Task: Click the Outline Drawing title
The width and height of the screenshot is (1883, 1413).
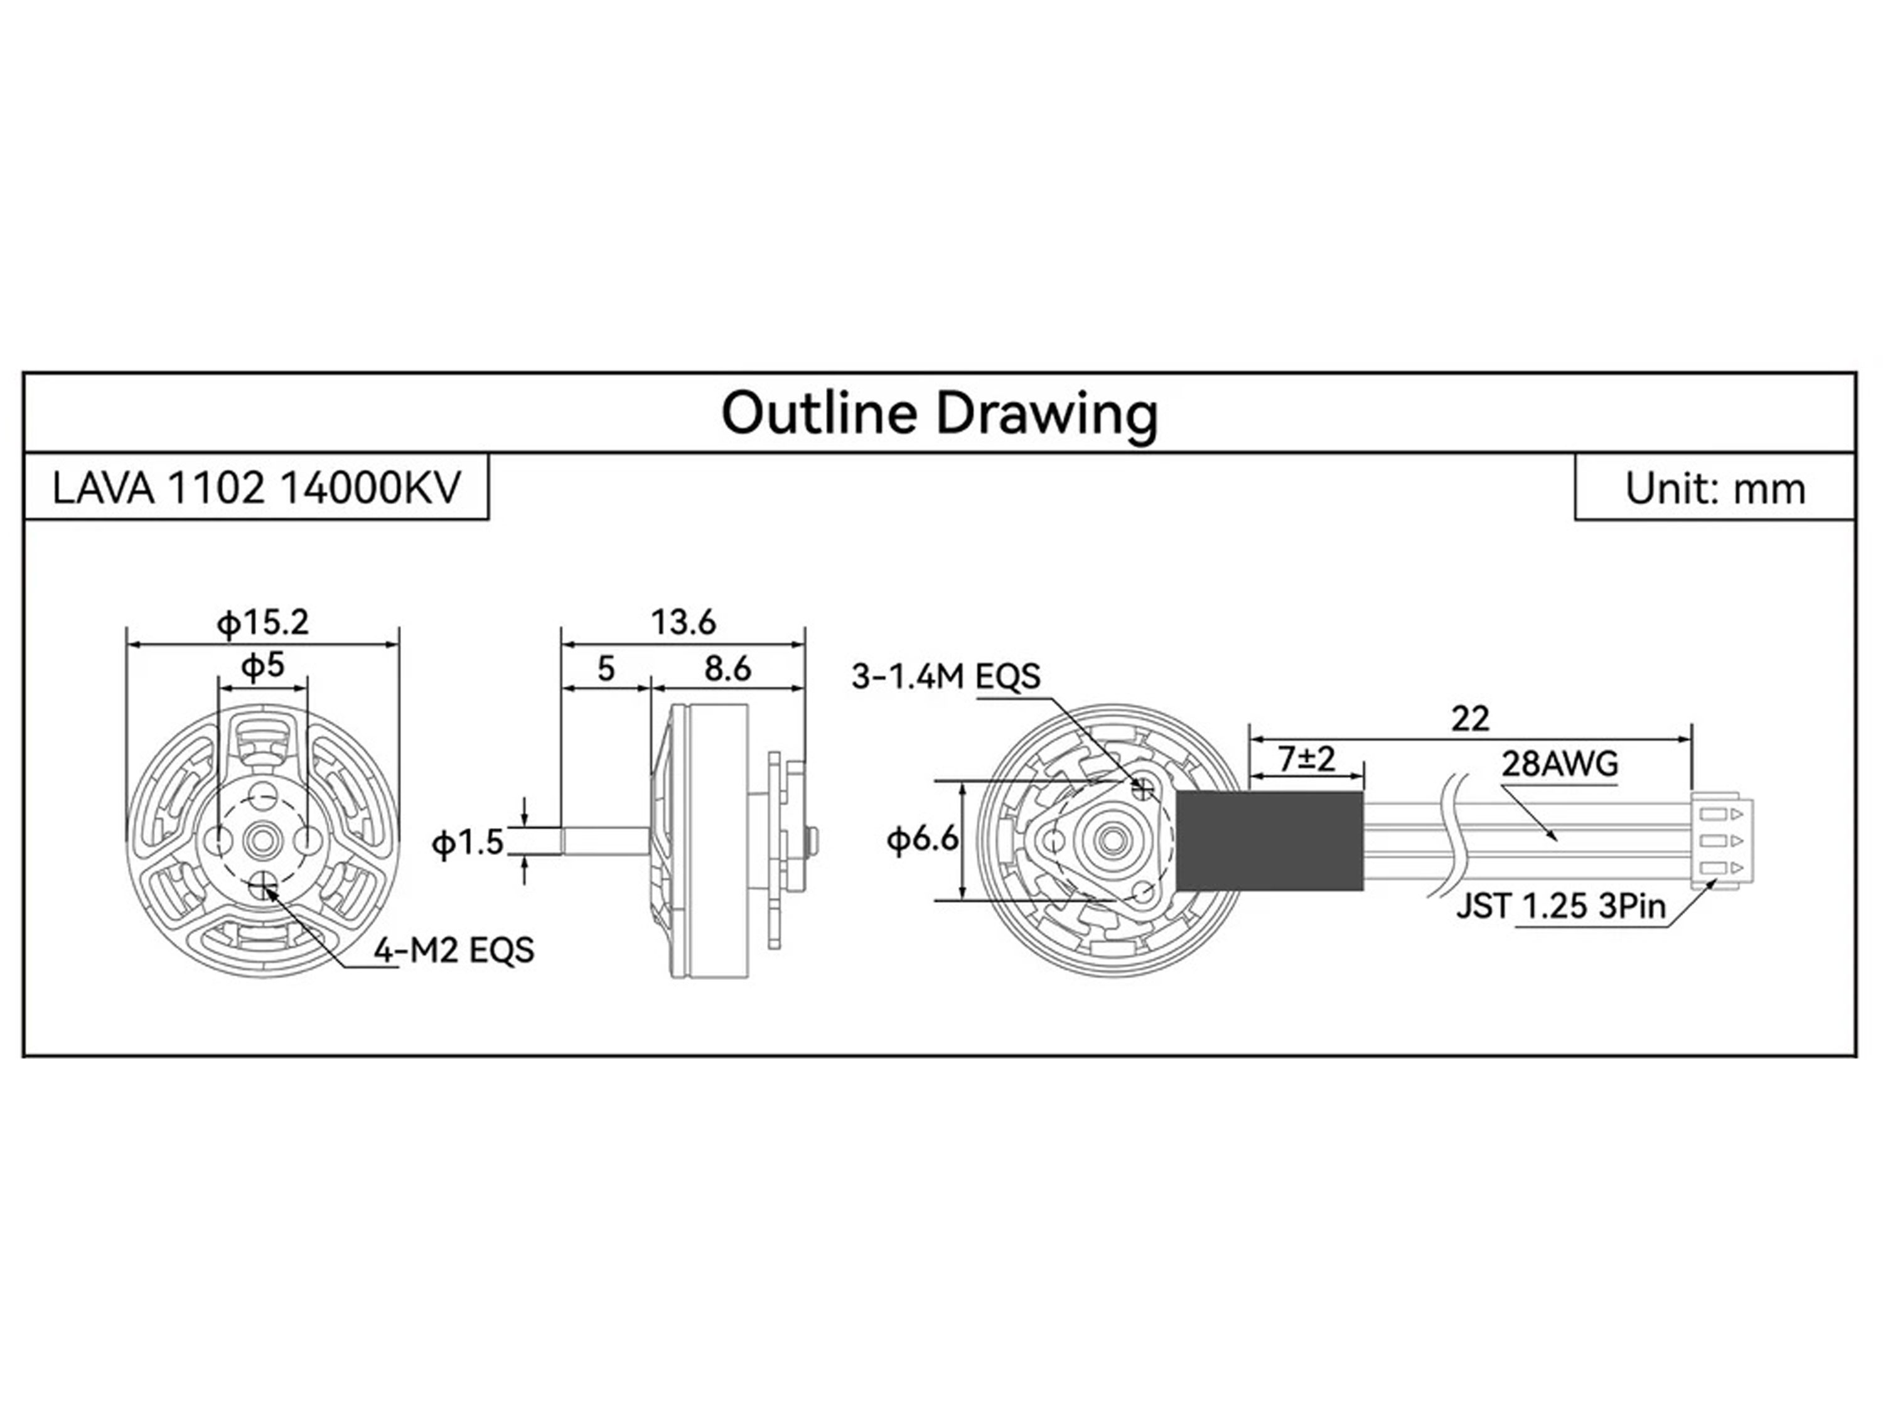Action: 939,414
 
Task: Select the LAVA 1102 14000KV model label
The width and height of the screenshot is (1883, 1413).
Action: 255,488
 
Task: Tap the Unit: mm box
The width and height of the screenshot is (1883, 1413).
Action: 1714,488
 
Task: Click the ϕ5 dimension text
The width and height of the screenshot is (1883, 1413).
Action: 263,665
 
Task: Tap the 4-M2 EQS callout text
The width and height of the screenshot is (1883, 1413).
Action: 454,950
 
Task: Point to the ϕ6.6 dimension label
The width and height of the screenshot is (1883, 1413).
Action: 923,840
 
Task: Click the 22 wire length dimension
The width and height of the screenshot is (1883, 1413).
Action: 1470,720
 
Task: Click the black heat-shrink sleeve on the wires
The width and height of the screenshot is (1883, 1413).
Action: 1270,840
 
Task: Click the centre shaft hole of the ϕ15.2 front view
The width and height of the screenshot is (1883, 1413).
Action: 263,841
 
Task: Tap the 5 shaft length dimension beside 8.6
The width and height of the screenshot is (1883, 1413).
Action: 605,669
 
